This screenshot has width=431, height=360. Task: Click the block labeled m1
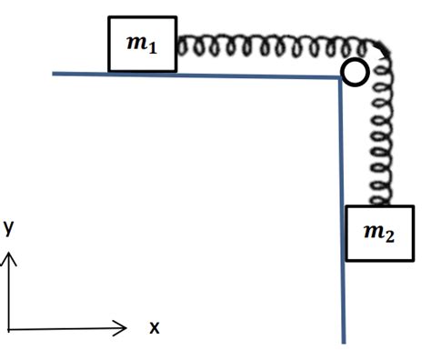(x=140, y=44)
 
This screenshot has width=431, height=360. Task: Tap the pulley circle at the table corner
(x=355, y=74)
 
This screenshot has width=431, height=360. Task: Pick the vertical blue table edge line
(x=344, y=209)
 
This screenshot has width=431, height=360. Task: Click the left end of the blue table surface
(x=55, y=73)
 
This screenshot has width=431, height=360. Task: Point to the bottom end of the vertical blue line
(x=346, y=342)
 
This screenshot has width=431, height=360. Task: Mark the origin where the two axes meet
(x=11, y=327)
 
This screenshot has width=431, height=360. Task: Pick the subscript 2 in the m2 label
(x=389, y=236)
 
